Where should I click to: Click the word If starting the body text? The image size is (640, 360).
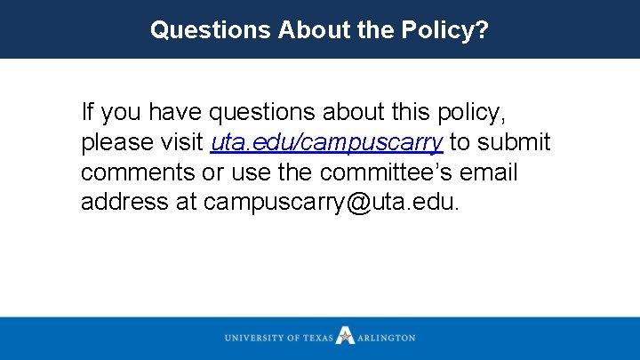tap(86, 113)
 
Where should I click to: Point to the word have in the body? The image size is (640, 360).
tap(175, 113)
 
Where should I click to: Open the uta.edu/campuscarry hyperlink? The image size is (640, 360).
tap(326, 143)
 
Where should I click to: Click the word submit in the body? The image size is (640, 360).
tap(516, 142)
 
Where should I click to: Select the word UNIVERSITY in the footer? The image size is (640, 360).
tap(257, 338)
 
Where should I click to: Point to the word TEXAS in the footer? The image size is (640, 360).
tap(317, 338)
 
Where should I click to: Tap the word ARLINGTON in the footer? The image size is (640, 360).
tap(387, 338)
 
